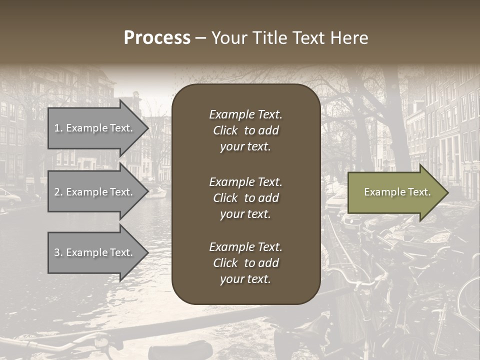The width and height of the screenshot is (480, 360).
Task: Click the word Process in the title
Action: [x=157, y=38]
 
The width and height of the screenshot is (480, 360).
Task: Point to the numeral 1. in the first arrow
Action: [x=58, y=128]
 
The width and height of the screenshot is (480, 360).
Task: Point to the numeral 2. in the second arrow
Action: [x=58, y=192]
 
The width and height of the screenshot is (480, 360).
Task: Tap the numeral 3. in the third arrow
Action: [x=58, y=253]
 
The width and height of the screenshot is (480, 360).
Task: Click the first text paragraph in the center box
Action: [x=245, y=130]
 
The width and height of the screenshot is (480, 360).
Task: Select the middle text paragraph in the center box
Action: [x=245, y=198]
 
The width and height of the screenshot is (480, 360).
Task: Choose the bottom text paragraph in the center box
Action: [x=245, y=263]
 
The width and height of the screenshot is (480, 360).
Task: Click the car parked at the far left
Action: [x=9, y=196]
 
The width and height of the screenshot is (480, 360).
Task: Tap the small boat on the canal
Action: [x=156, y=192]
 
